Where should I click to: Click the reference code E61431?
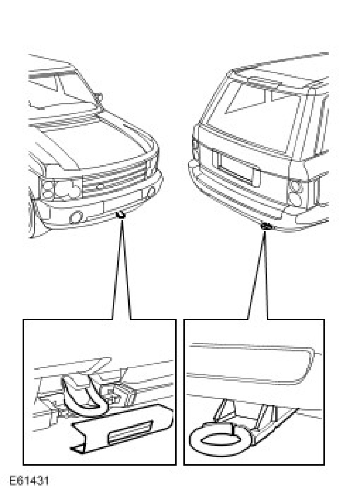click(x=29, y=481)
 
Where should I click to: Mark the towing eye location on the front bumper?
click(x=120, y=215)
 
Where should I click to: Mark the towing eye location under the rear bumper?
click(x=267, y=226)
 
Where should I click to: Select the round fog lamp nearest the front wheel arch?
click(x=76, y=217)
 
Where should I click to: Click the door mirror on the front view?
click(x=99, y=97)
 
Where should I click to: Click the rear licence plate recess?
click(x=237, y=169)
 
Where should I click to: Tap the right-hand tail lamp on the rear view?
click(x=296, y=192)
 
